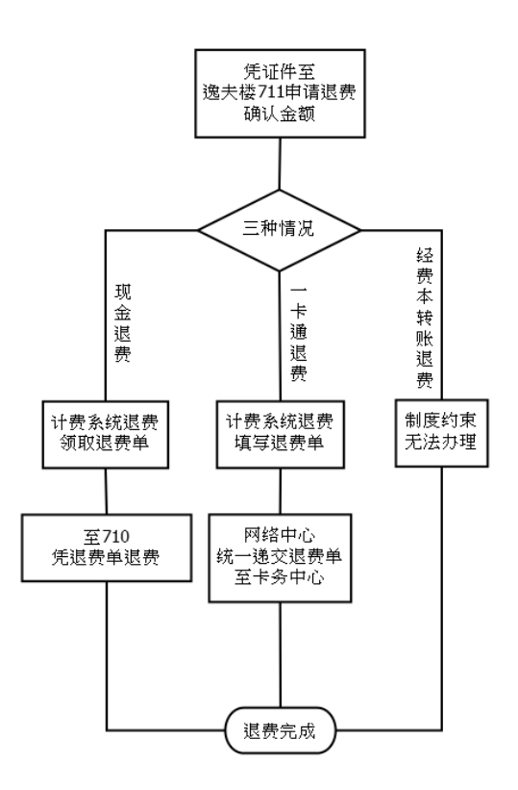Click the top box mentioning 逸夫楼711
[280, 93]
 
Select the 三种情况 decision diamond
[280, 230]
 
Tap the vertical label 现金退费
[122, 323]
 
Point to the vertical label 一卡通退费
[299, 334]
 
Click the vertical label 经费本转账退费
[425, 318]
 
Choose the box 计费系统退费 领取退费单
[105, 434]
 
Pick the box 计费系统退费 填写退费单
[281, 434]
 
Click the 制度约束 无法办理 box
[441, 433]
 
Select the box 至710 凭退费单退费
[107, 548]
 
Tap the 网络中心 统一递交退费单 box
[280, 558]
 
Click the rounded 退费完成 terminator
[280, 730]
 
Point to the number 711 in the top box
[271, 92]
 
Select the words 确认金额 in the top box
[280, 115]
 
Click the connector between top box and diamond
[280, 164]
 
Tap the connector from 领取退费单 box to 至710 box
[106, 492]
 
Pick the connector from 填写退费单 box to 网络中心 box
[281, 492]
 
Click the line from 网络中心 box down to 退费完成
[281, 654]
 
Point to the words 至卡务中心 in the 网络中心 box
[280, 577]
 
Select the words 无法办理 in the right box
[441, 443]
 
